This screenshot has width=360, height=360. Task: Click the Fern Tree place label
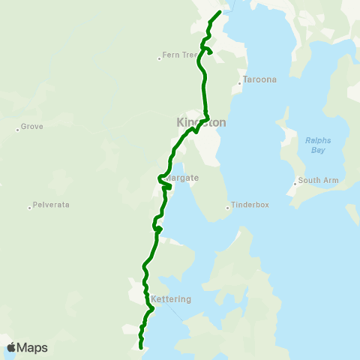(182, 55)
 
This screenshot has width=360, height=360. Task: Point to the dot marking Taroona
(239, 83)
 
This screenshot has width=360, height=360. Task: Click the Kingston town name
(200, 122)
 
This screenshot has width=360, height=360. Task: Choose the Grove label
(32, 127)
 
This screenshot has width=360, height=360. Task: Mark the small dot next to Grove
(17, 128)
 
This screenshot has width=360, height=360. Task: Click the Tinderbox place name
(250, 205)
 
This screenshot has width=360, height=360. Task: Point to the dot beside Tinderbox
(228, 207)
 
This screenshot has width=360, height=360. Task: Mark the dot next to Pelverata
(30, 207)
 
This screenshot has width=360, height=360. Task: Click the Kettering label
(172, 299)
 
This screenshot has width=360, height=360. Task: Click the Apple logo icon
(12, 347)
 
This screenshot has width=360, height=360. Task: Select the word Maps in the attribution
(32, 347)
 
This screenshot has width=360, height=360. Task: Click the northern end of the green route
(219, 13)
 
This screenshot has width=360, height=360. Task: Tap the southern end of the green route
(141, 347)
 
